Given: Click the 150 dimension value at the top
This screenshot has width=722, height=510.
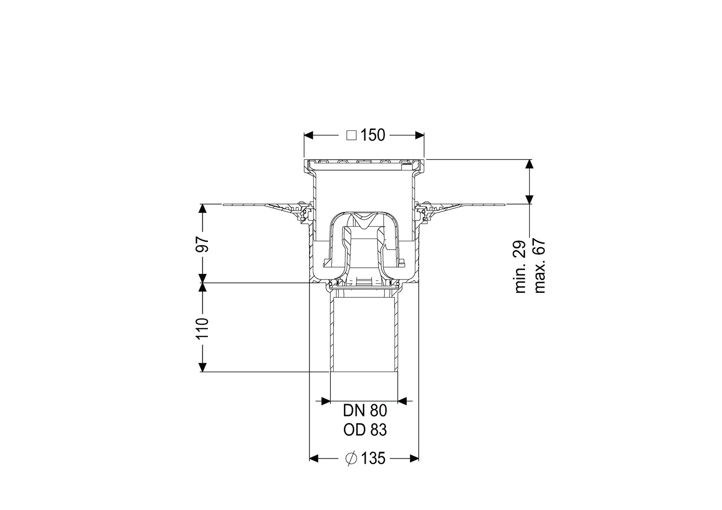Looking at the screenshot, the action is pyautogui.click(x=373, y=136).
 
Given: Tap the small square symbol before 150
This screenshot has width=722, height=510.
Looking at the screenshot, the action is pyautogui.click(x=352, y=136).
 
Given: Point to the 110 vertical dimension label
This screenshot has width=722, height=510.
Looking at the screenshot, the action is pyautogui.click(x=203, y=328).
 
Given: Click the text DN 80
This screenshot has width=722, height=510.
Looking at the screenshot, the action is pyautogui.click(x=365, y=411).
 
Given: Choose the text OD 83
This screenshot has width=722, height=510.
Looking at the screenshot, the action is pyautogui.click(x=365, y=430).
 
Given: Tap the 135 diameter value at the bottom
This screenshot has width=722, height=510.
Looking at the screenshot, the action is pyautogui.click(x=373, y=459).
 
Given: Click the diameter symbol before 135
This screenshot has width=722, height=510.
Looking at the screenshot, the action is pyautogui.click(x=351, y=459).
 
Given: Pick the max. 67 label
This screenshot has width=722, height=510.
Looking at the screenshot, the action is pyautogui.click(x=539, y=266).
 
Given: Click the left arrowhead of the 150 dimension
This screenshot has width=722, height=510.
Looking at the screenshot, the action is pyautogui.click(x=309, y=136).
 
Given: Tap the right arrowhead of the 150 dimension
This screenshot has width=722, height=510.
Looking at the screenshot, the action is pyautogui.click(x=419, y=136).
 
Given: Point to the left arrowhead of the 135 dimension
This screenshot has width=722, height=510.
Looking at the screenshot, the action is pyautogui.click(x=314, y=459).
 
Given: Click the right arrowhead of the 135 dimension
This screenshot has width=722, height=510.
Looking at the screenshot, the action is pyautogui.click(x=414, y=459).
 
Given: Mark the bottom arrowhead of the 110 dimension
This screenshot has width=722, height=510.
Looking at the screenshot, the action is pyautogui.click(x=202, y=367).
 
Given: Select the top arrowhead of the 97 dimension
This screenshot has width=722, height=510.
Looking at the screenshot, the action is pyautogui.click(x=202, y=208).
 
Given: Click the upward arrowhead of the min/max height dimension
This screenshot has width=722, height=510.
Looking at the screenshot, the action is pyautogui.click(x=529, y=164).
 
